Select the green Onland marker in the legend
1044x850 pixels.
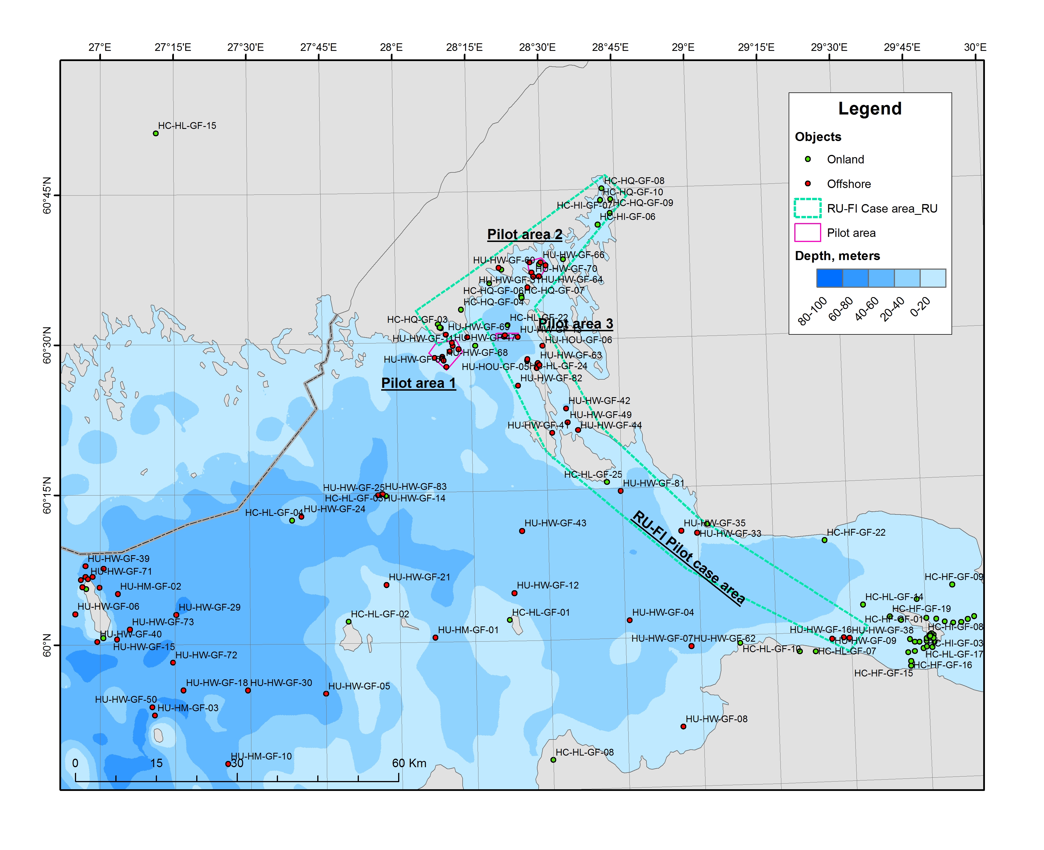(808, 159)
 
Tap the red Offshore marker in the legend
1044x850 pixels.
(808, 184)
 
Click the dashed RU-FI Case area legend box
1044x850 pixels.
(808, 208)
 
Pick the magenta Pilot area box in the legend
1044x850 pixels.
(808, 233)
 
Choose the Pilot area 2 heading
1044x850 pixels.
(525, 235)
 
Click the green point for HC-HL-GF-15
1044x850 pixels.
(156, 133)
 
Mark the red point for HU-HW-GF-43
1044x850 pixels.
(522, 531)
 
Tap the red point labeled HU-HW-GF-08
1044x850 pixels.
(683, 726)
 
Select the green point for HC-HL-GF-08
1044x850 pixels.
(553, 760)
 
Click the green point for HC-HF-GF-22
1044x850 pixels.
(825, 540)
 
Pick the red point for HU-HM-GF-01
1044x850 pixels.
(435, 637)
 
